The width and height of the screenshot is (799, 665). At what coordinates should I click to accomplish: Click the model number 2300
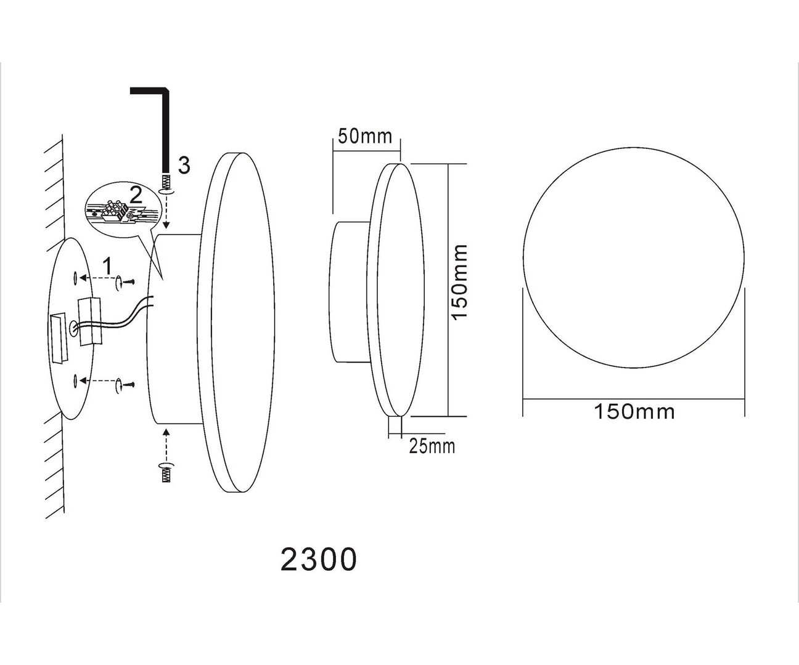point(319,560)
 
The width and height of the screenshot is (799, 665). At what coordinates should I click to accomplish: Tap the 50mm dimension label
point(365,137)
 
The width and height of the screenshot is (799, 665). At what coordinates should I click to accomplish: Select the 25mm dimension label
point(432,446)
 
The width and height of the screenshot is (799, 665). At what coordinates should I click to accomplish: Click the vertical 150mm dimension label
point(459,282)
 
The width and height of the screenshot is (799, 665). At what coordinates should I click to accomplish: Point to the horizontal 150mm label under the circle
point(634,412)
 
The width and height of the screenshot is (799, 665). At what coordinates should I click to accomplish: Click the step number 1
point(108,266)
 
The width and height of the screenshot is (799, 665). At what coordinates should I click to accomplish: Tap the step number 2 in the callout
point(136,195)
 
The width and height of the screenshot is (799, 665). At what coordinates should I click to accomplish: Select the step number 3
point(184,166)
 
